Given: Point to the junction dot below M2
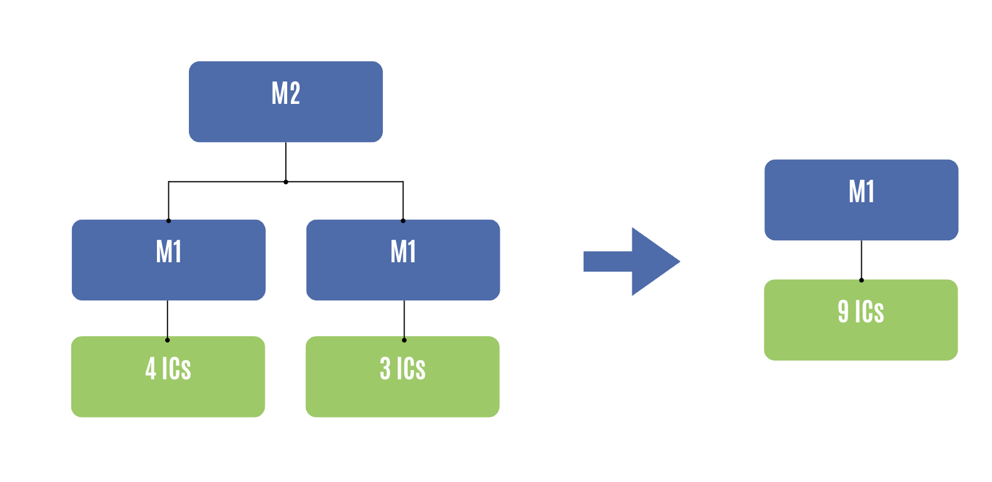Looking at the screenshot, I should (286, 182).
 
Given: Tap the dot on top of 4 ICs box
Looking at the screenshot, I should (168, 340).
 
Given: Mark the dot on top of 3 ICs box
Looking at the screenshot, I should (404, 340).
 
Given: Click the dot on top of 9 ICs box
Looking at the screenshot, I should (861, 280).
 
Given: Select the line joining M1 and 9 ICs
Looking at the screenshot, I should (861, 260).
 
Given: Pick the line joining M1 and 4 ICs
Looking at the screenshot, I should (168, 319).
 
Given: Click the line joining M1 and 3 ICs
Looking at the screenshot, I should (404, 319).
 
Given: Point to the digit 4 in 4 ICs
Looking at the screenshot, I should (151, 368).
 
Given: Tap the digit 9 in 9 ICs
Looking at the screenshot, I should (843, 311).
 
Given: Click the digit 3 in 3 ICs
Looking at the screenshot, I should (385, 368).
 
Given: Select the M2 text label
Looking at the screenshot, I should (286, 93).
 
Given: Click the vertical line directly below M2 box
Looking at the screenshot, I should (286, 162).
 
